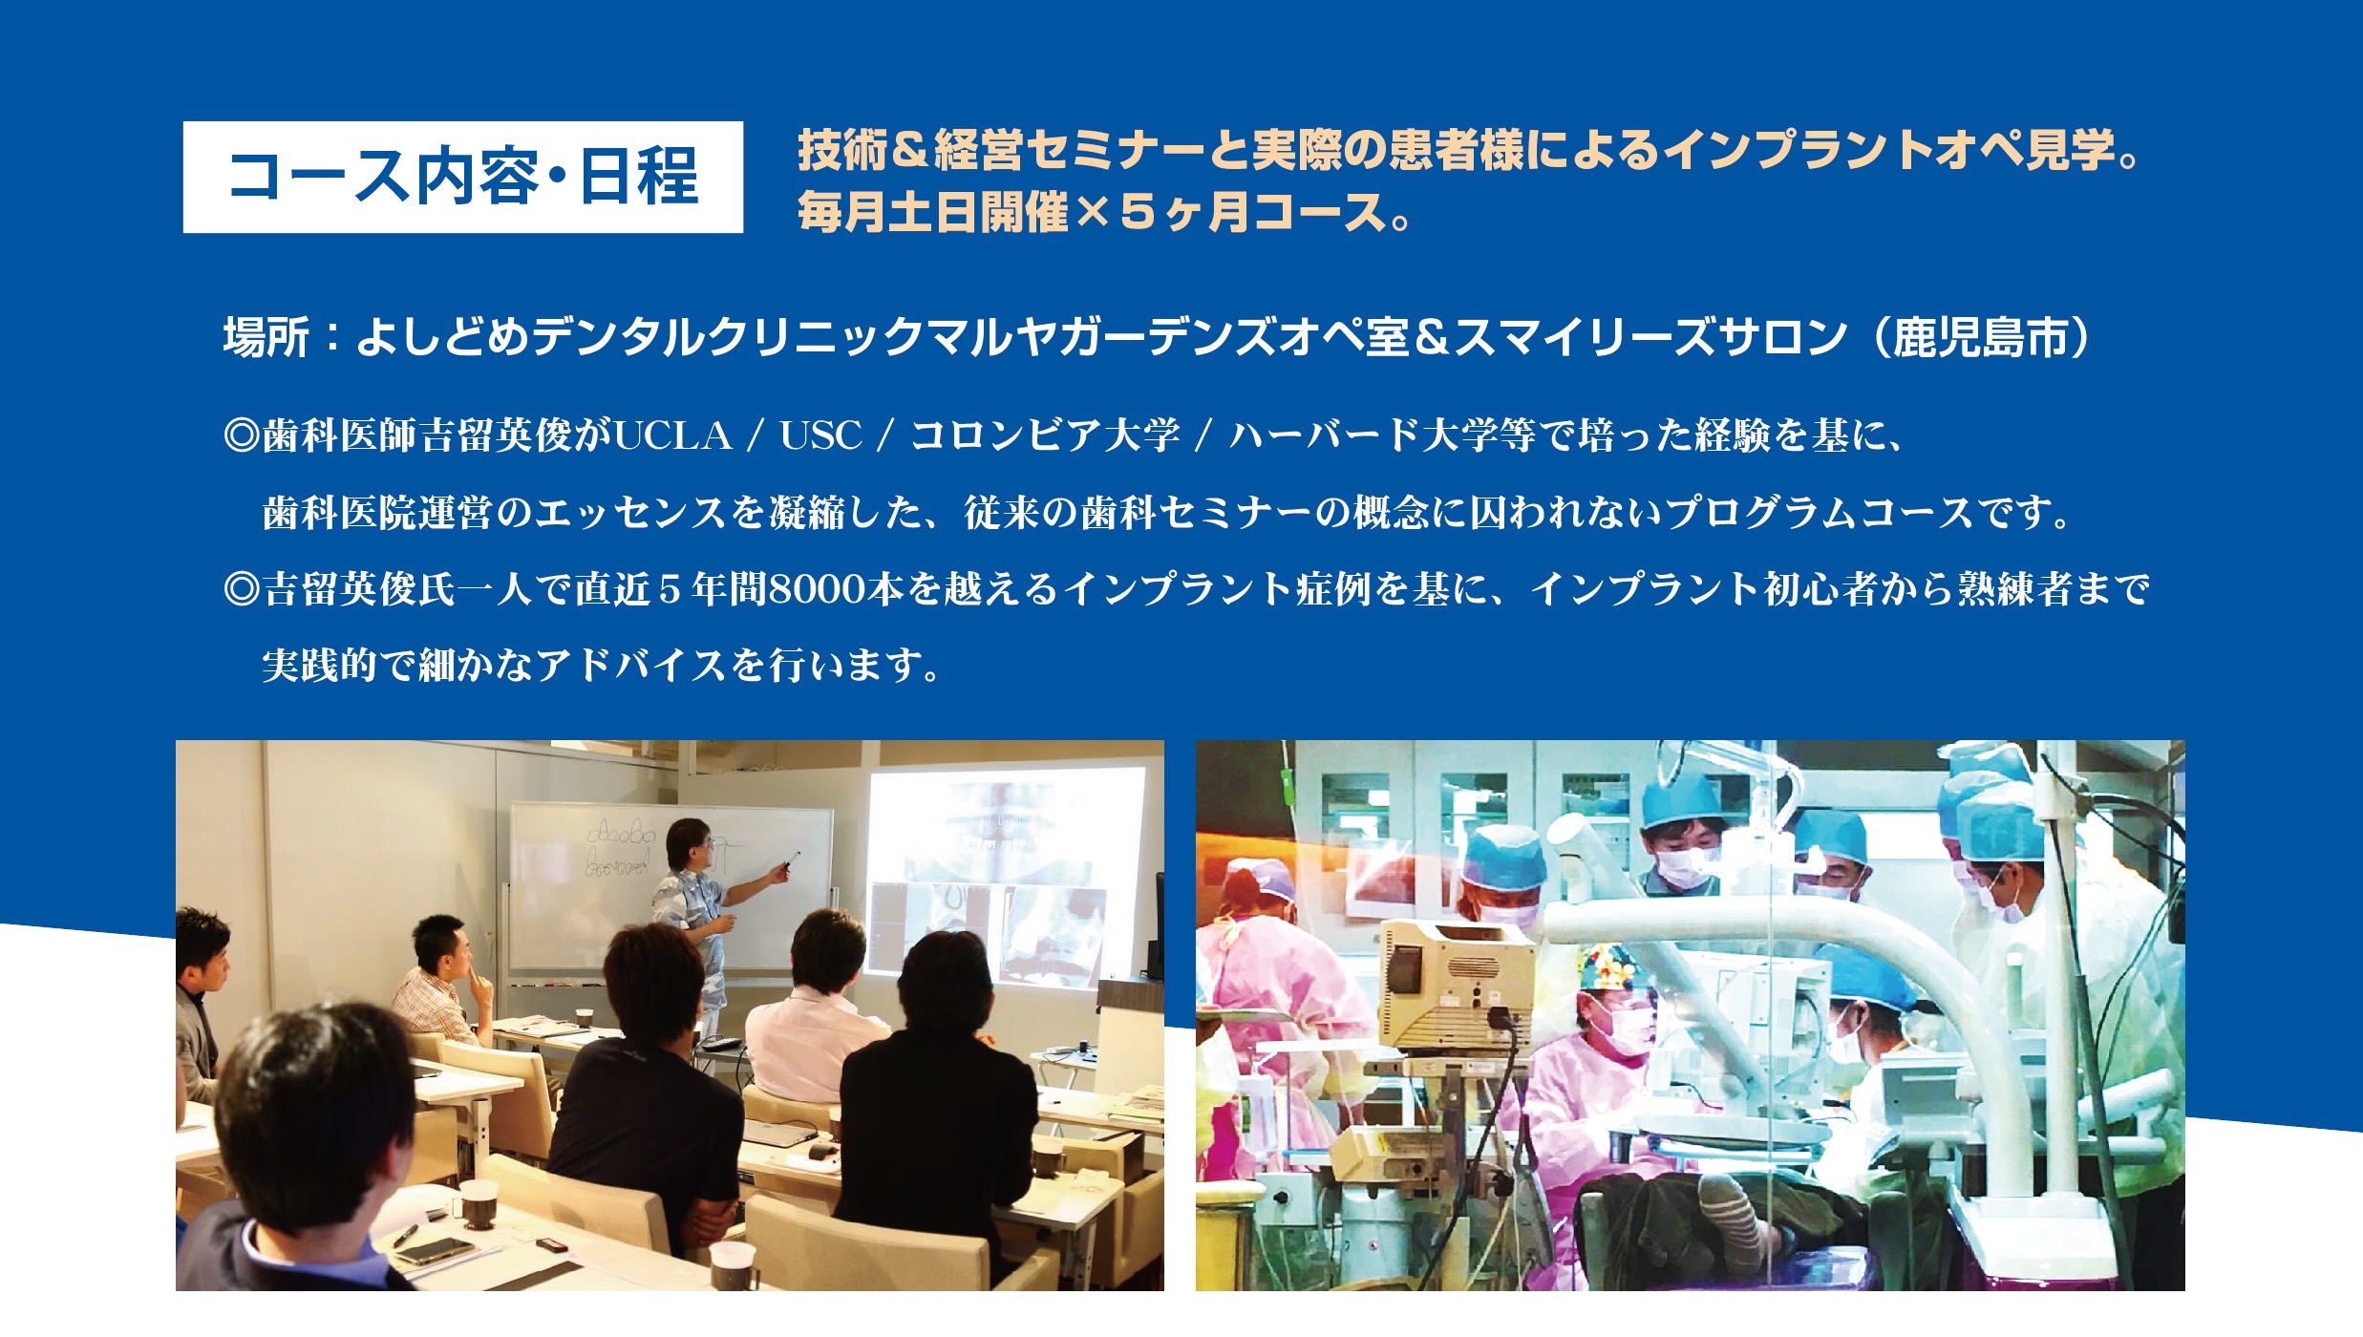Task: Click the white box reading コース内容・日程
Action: (463, 177)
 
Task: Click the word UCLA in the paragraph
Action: (673, 435)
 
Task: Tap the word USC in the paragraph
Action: (820, 435)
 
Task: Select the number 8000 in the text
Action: (817, 589)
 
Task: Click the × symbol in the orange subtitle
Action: (1093, 212)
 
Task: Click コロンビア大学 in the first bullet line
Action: (1046, 435)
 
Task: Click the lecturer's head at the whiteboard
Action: (690, 844)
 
